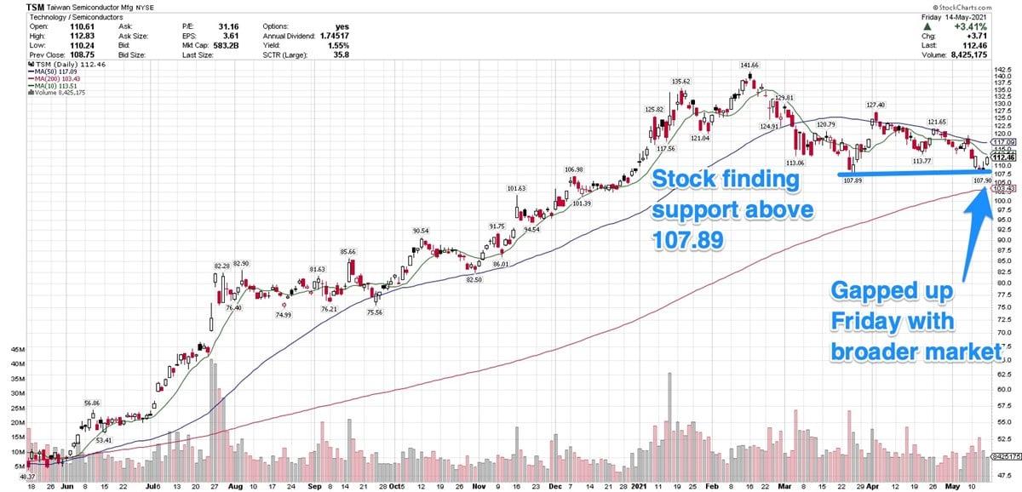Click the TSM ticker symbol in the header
[37, 6]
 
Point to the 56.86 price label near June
[92, 403]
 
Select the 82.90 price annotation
[241, 264]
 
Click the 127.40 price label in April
[876, 105]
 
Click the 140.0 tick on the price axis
[1002, 76]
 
